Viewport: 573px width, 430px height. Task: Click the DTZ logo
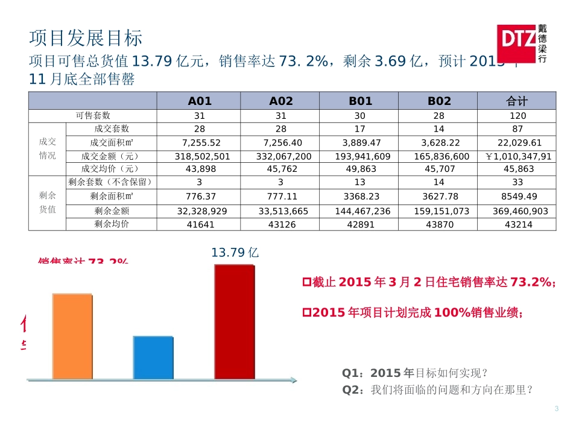[522, 44]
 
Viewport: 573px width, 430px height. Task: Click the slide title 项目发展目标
[86, 39]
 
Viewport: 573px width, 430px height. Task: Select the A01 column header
[200, 101]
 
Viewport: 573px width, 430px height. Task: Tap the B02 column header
[438, 101]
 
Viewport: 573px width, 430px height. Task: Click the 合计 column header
[517, 101]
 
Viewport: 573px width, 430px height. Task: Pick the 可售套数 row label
[93, 115]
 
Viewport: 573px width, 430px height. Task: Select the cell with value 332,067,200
[280, 156]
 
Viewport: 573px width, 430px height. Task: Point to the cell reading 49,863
[359, 169]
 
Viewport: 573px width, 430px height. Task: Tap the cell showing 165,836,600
[438, 156]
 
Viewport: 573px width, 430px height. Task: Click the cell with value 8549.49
[517, 197]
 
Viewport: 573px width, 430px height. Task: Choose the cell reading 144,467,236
[359, 211]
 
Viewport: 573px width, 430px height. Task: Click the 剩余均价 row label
[112, 224]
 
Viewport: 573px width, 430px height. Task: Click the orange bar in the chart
[72, 337]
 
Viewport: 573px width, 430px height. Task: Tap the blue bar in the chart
[153, 357]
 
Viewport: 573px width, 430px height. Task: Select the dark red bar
[234, 321]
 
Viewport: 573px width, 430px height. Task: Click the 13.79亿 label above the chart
[235, 253]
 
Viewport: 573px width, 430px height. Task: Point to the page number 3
[556, 410]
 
